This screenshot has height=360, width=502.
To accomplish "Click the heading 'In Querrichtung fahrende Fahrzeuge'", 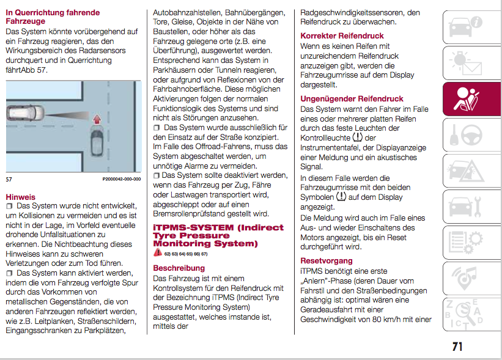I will [x=52, y=17].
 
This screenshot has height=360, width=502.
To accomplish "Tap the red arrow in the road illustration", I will [x=95, y=127].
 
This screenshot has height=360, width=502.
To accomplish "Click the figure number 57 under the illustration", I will [x=9, y=179].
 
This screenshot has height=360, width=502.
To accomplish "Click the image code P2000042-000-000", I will [x=121, y=179].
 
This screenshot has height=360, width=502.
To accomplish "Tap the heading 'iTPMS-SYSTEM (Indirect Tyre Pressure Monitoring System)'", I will [x=218, y=235].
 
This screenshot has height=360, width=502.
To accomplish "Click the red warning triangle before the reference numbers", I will [x=158, y=253].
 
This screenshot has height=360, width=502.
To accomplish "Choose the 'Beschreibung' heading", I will [x=179, y=268].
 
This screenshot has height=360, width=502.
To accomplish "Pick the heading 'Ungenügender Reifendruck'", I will [x=352, y=98].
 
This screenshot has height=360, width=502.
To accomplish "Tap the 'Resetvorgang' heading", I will [x=327, y=260].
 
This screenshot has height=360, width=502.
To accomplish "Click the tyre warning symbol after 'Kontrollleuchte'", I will [x=357, y=138].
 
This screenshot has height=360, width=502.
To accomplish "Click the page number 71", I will [x=457, y=347].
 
